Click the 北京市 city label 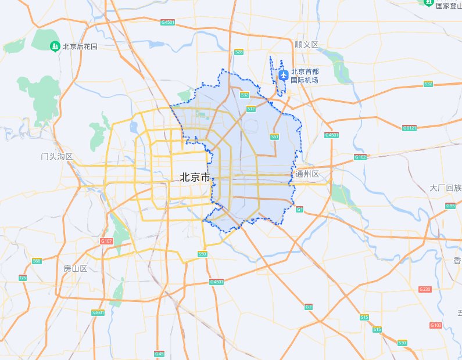point(195,178)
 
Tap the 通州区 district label point(307,174)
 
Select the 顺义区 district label point(307,44)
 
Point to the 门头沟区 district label point(57,157)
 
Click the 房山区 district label point(75,269)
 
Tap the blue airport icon point(284,75)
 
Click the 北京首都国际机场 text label point(305,75)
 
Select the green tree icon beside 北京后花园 point(55,46)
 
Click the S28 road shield point(238,52)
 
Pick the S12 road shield point(251,109)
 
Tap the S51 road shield point(274,136)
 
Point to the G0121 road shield point(410,128)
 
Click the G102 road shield point(360,157)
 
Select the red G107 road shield point(106,241)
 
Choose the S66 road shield point(37,261)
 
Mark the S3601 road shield point(98,312)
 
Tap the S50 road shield point(202,254)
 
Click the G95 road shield point(450,206)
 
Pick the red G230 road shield point(425,289)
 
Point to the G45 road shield point(159,354)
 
